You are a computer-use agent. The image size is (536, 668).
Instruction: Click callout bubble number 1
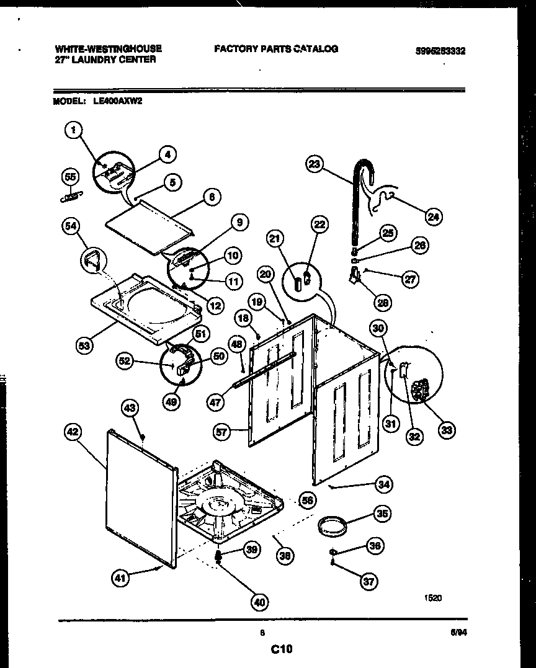[74, 130]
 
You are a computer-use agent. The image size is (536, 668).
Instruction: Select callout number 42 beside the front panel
[73, 432]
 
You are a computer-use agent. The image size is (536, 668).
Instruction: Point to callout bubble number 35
[382, 513]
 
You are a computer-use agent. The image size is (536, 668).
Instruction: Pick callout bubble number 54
[71, 227]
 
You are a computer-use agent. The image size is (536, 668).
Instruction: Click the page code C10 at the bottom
[281, 649]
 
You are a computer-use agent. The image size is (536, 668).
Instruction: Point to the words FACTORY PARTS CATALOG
[276, 48]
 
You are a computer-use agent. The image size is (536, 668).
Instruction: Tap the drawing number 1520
[433, 599]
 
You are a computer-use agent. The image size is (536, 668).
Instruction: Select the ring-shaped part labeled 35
[331, 527]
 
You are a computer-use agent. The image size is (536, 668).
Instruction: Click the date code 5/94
[457, 633]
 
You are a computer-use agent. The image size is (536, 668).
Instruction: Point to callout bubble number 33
[445, 429]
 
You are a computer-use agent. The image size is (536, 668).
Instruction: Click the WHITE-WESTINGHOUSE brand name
[109, 48]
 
